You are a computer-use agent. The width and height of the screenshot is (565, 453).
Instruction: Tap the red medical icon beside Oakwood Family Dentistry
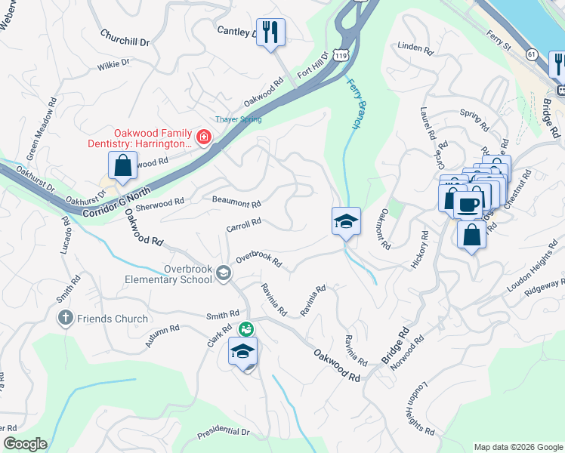202,137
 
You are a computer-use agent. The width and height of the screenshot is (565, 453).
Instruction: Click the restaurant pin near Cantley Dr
270,32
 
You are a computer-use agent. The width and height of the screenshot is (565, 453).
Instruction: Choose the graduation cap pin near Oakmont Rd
346,221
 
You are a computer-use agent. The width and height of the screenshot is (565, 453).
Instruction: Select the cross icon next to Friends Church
66,319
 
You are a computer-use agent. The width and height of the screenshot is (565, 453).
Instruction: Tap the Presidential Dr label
224,433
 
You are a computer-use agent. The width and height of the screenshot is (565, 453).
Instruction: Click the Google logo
24,444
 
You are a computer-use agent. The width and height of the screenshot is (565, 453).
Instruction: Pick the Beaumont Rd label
236,204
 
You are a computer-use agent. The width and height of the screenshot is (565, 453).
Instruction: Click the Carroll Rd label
244,224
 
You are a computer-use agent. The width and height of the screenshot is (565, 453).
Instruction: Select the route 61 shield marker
532,54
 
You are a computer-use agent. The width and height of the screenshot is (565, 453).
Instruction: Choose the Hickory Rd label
419,251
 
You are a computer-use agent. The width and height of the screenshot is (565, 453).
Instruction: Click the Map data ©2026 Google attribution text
518,447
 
